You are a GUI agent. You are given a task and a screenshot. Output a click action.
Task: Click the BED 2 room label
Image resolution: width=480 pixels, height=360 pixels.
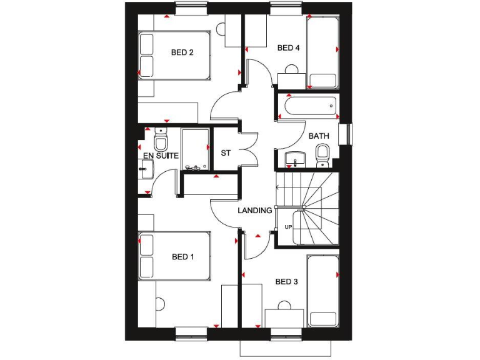(182, 52)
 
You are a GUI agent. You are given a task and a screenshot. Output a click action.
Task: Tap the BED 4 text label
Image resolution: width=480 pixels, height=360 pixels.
(289, 47)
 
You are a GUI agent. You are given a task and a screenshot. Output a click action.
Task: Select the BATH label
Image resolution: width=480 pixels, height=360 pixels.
(319, 136)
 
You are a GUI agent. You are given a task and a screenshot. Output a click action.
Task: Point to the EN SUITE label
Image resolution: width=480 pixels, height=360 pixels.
(161, 155)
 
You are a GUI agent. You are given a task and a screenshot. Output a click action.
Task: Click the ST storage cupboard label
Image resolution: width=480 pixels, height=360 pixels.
(226, 153)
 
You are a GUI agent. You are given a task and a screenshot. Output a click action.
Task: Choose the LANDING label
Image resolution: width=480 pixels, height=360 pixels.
(255, 211)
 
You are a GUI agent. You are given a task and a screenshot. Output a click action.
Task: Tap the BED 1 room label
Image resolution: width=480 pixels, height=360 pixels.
(183, 256)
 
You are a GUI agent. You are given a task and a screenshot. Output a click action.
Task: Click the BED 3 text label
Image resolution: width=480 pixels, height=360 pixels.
(287, 282)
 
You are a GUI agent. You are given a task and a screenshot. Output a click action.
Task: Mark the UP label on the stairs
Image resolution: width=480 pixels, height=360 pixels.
(288, 227)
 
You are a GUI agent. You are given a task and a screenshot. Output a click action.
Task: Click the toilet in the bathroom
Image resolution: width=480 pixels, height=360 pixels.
(322, 154)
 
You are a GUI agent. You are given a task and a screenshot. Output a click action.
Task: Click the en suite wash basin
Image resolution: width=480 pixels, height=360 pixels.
(147, 167)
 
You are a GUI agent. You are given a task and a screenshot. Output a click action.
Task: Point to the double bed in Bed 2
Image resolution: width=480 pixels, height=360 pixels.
(175, 55)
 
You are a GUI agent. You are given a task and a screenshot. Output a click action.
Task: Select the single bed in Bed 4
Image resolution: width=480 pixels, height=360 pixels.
(322, 52)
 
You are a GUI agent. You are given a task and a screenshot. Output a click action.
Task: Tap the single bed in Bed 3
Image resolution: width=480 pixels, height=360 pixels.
(322, 291)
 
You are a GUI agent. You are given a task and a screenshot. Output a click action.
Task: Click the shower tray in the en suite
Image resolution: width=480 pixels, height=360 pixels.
(194, 150)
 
